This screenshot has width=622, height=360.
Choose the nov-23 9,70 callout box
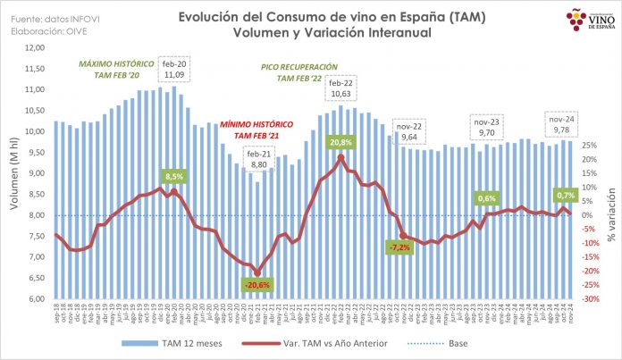(x=488, y=125)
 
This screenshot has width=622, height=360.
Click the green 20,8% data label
(x=340, y=141)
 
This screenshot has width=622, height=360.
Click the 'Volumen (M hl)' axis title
(x=13, y=173)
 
